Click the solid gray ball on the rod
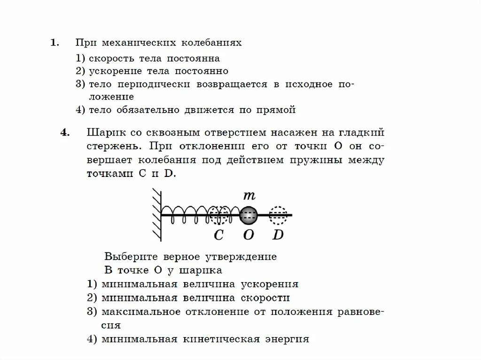tap(248, 215)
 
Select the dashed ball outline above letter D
tap(279, 215)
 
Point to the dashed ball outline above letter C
tap(219, 215)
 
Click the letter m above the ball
tap(248, 195)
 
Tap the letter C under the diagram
tap(218, 235)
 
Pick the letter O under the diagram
tap(248, 235)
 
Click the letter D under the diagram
tap(278, 235)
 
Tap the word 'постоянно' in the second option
tap(202, 71)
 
